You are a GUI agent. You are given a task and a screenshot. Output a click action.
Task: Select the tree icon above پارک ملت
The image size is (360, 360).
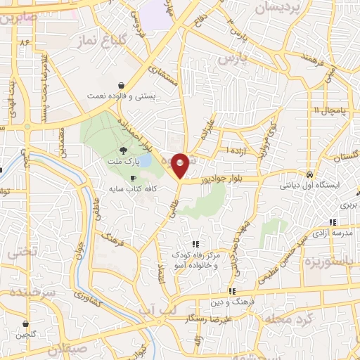pos(124,150)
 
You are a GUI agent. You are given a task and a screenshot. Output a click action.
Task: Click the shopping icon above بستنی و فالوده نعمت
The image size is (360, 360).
pos(123,84)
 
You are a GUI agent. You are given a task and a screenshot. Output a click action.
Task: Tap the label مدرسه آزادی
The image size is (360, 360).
pos(331,232)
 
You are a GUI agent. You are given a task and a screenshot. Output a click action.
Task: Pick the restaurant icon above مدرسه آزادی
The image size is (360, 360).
pos(332,221)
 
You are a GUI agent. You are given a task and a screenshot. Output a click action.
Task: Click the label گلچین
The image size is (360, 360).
pos(25,336)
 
